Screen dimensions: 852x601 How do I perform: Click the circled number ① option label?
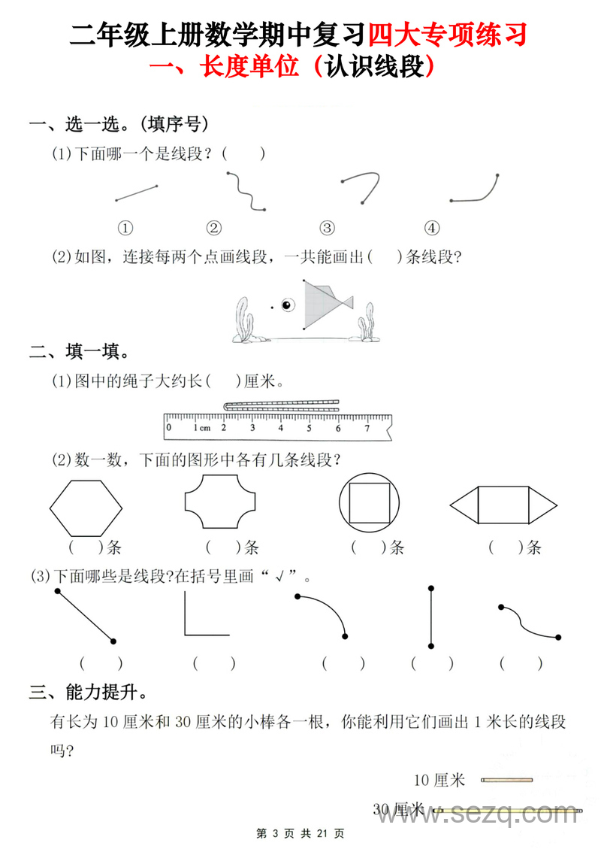[x=125, y=228]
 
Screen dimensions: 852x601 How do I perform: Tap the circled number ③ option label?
[x=327, y=228]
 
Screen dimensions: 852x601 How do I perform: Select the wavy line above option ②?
[x=246, y=193]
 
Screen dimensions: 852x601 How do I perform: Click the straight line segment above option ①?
[x=136, y=193]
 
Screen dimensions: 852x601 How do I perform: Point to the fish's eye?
[x=286, y=305]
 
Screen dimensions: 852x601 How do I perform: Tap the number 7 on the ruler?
[x=367, y=429]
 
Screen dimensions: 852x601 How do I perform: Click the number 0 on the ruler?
[x=169, y=428]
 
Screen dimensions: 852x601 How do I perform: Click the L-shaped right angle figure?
[x=204, y=615]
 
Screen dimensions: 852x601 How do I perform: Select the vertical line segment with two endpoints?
[x=431, y=616]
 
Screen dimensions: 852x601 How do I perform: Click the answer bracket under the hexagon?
[x=85, y=547]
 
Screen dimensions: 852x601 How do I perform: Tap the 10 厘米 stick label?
[x=439, y=781]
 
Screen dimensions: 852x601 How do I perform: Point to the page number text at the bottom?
[x=300, y=833]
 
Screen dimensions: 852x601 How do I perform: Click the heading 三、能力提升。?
[x=88, y=692]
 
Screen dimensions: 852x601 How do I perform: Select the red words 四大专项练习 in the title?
[x=447, y=35]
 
